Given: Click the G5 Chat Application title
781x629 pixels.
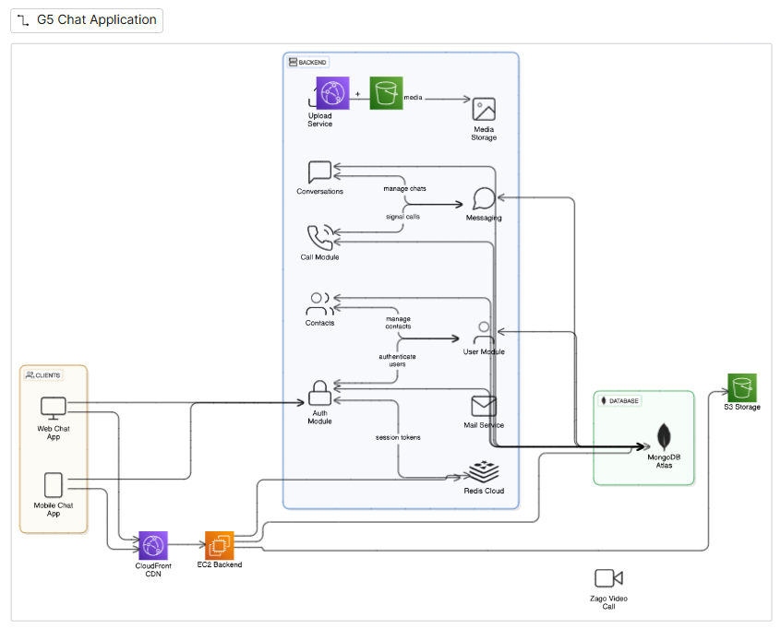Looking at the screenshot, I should (x=96, y=20).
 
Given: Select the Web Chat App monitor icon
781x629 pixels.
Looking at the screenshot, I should (x=54, y=408).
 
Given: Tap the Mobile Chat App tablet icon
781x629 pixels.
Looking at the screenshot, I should (x=54, y=485).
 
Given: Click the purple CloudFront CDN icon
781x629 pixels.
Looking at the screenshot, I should (x=152, y=545).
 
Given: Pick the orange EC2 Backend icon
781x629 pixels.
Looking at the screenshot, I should (x=220, y=545).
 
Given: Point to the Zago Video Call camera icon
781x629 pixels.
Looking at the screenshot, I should (x=608, y=578).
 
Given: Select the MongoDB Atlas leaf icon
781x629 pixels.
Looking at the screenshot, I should (x=662, y=438).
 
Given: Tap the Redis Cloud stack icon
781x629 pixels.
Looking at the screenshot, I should (x=483, y=472).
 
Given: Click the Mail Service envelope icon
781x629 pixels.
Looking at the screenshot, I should (x=484, y=406).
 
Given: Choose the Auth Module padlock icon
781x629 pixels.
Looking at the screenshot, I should (x=319, y=393).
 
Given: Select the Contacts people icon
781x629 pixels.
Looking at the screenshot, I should (x=319, y=303).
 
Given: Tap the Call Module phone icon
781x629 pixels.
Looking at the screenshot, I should (x=319, y=237).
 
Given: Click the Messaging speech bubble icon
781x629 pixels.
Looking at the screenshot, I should (x=484, y=199).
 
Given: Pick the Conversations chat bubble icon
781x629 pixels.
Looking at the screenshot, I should (x=319, y=172).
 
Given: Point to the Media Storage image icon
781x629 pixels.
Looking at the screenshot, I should (x=484, y=109).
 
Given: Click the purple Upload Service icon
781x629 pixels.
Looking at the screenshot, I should (x=332, y=93).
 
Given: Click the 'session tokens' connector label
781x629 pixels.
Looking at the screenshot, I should (x=398, y=437).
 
